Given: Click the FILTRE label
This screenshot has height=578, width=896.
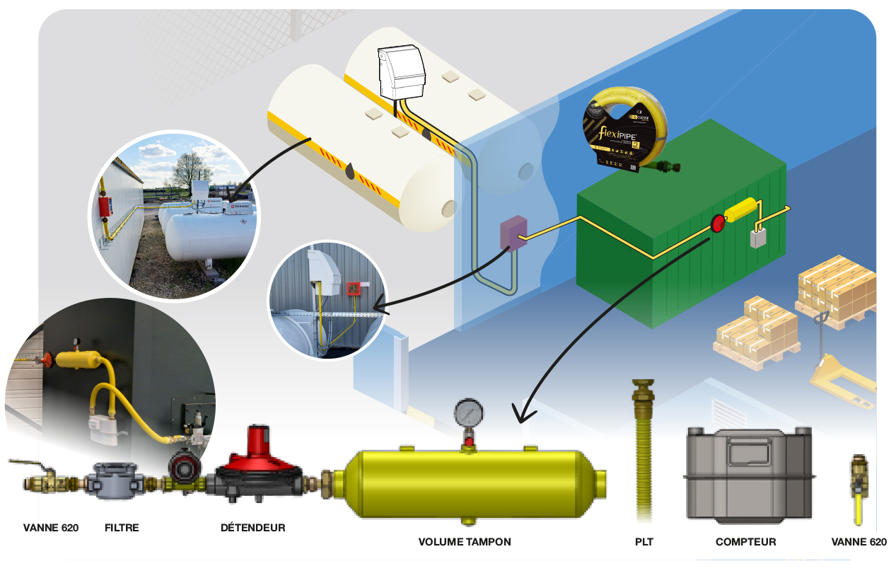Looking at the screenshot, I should tap(122, 528).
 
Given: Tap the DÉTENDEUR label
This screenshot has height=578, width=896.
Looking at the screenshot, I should tap(252, 528).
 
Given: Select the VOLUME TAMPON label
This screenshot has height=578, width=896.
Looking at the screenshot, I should tap(465, 542).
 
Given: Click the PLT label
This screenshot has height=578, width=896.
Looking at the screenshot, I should tap(644, 542).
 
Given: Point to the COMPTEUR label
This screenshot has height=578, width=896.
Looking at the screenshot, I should tap(745, 542).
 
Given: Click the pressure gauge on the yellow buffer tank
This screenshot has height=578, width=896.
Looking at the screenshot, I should tap(469, 412).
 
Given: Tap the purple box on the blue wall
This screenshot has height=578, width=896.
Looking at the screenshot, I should tap(513, 234).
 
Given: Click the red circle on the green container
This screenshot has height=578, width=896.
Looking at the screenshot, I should tap(718, 224).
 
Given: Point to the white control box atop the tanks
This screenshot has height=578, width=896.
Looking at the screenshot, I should tap(402, 71).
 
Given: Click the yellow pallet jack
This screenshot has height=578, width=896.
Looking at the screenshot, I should tap(845, 375).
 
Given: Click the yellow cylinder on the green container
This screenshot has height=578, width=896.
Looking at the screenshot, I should tap(741, 210).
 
